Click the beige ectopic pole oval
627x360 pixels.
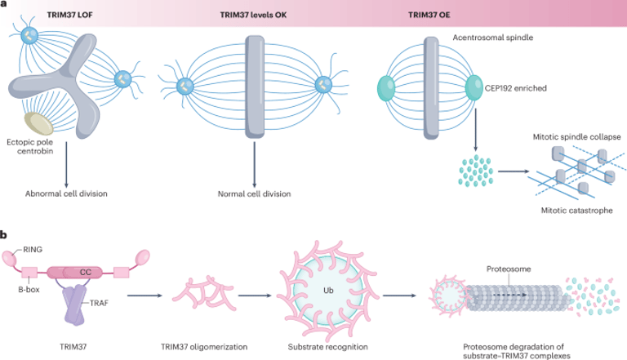tap(39, 123)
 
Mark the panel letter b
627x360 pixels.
tap(5, 236)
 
